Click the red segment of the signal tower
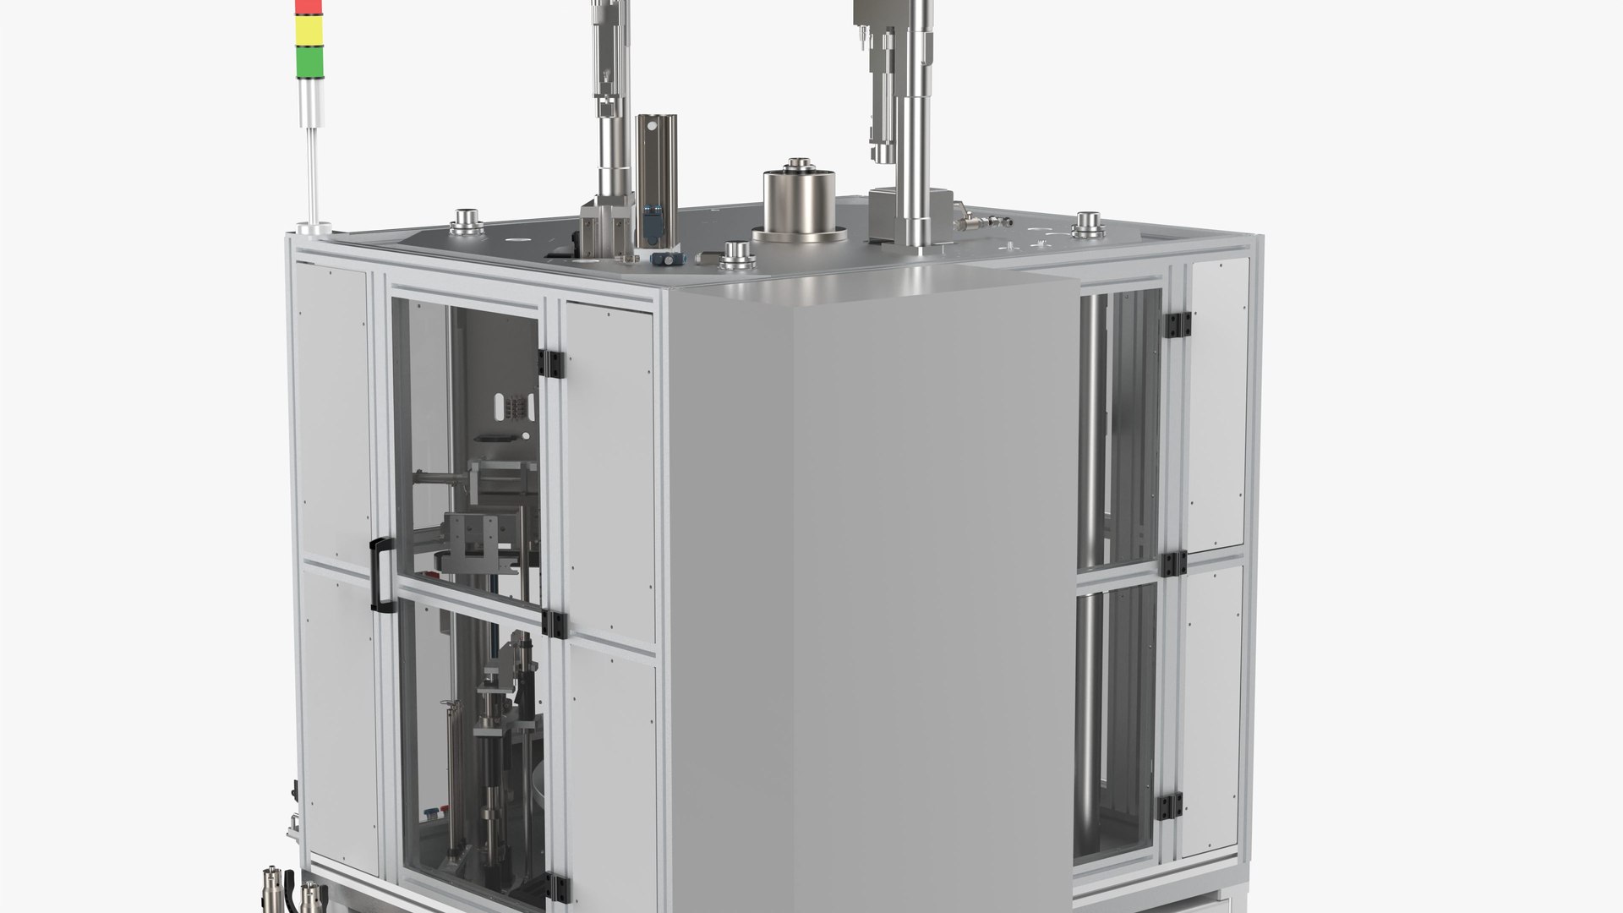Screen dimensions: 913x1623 pyautogui.click(x=308, y=8)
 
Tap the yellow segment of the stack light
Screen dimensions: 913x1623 pyautogui.click(x=308, y=33)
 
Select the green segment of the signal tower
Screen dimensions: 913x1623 pyautogui.click(x=308, y=61)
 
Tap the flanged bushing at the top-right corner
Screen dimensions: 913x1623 pyautogui.click(x=1089, y=227)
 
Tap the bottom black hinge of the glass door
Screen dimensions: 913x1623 pyautogui.click(x=557, y=886)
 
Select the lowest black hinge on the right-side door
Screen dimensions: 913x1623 pyautogui.click(x=1170, y=807)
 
